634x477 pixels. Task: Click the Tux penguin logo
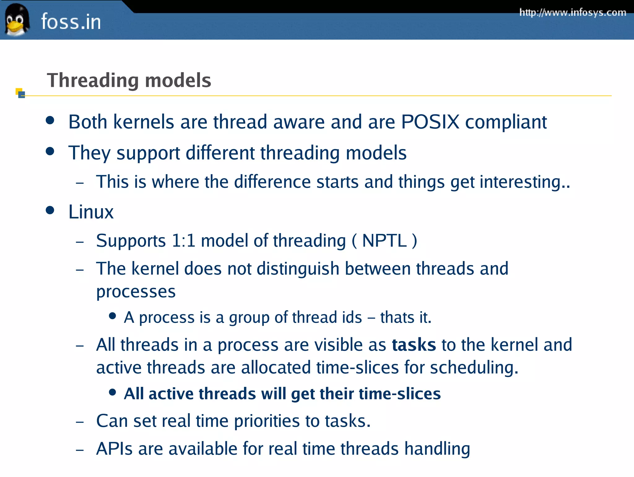coord(17,20)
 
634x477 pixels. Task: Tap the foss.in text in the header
coord(71,22)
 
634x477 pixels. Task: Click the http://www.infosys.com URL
coord(573,12)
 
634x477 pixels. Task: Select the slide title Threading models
coord(129,80)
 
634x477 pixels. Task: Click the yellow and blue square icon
coord(20,93)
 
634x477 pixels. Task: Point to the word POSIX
coord(430,121)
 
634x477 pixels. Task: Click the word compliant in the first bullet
coord(506,122)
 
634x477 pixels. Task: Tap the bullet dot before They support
coord(50,152)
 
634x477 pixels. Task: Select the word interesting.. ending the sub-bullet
coord(524,182)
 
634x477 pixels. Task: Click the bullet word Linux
coord(91,212)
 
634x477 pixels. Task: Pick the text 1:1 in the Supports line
coord(183,241)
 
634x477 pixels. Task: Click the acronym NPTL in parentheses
coord(384,241)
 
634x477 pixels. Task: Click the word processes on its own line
coord(136,292)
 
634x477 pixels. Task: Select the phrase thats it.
coord(406,317)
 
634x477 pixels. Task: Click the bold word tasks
coord(414,345)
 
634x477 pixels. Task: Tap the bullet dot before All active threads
coord(113,393)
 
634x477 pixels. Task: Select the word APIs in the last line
coord(114,448)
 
